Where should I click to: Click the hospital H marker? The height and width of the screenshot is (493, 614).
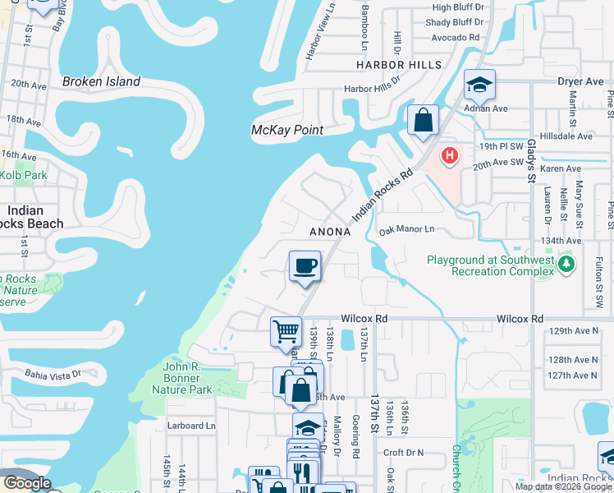coord(450,154)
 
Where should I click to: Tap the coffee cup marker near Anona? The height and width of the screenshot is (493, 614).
coord(305,266)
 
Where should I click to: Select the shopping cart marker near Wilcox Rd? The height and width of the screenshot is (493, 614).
coord(286,332)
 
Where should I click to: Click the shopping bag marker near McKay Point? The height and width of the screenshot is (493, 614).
coord(423,120)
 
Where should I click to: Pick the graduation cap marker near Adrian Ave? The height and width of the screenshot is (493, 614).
coord(479,85)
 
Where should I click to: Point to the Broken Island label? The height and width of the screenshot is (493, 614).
coord(101,82)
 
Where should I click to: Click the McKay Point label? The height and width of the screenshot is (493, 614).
coord(286,130)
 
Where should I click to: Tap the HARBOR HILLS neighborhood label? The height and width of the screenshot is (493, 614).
coord(399,64)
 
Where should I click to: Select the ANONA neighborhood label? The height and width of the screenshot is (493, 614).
coord(330,233)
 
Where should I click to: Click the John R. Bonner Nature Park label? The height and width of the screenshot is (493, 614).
coord(188,373)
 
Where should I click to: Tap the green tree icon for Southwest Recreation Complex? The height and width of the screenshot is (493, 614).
coord(566,265)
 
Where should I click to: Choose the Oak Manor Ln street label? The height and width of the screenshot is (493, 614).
coord(406,231)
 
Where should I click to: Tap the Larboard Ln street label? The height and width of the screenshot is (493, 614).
coord(190,426)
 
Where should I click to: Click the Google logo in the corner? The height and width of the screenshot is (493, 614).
coord(27,483)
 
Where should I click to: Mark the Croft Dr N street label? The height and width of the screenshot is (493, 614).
coord(403,453)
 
